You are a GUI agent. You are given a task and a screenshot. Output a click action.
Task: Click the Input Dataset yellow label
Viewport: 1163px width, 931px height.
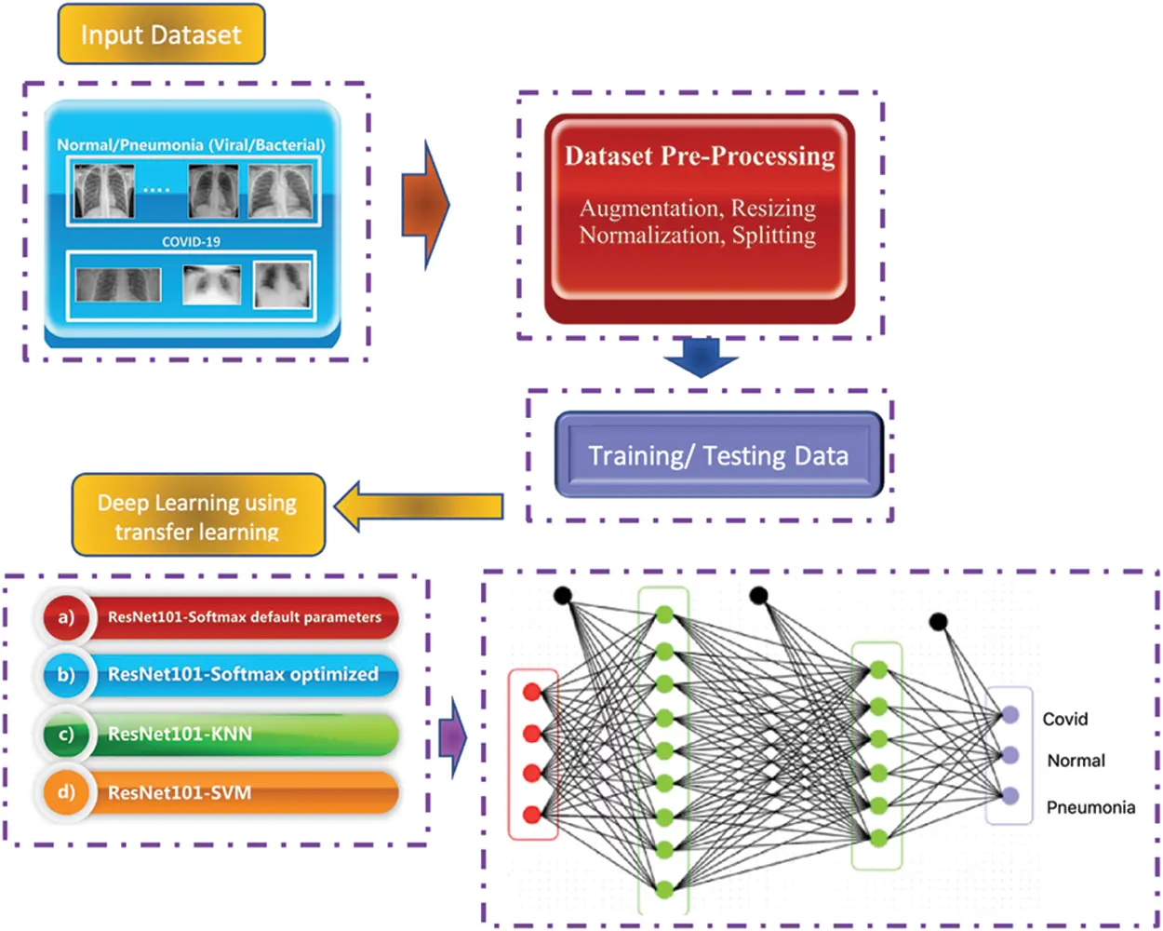pos(161,35)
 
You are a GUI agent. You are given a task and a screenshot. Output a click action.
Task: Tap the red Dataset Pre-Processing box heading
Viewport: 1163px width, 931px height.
pos(700,155)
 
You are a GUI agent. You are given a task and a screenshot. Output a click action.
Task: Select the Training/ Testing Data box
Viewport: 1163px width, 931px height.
pos(718,455)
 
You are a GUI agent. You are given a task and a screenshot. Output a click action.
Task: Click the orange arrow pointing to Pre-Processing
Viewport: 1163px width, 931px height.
pos(425,205)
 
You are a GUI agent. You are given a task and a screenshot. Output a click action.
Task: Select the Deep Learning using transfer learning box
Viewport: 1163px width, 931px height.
pos(197,516)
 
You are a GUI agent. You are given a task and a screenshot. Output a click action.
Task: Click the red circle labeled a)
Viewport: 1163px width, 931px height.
pos(65,617)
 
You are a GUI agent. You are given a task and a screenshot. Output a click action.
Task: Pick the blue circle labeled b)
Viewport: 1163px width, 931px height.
pos(65,674)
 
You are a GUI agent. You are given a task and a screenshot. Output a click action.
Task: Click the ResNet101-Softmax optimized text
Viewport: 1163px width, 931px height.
pos(243,674)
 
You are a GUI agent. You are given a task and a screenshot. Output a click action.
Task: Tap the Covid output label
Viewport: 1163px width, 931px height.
pos(1065,719)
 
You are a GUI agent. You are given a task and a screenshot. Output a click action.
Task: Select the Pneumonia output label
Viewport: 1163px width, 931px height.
pos(1090,807)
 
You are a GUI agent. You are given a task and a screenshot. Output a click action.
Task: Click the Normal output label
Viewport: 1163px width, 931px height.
pos(1076,761)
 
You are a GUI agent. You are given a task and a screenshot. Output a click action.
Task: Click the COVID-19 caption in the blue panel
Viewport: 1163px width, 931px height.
pos(191,241)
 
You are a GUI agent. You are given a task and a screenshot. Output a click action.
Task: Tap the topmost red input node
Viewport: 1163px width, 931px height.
pos(532,692)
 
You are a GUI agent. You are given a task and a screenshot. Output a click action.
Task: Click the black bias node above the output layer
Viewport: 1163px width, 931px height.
pos(938,621)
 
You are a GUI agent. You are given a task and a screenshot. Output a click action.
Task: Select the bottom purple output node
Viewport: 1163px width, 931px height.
pos(1010,796)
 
